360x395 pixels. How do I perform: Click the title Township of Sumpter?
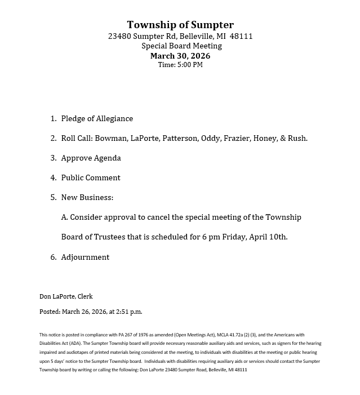(180, 25)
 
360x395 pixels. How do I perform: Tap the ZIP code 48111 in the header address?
(241, 36)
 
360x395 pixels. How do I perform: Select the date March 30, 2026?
(180, 56)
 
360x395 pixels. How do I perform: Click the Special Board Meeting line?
(180, 46)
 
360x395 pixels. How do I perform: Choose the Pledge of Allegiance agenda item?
(97, 119)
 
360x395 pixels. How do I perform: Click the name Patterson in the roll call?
(180, 139)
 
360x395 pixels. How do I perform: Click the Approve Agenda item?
(91, 158)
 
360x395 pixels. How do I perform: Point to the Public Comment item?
(91, 178)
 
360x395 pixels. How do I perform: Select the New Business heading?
(87, 198)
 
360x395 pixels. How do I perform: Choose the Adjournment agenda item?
(85, 258)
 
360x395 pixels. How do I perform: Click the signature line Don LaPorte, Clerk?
(66, 296)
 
